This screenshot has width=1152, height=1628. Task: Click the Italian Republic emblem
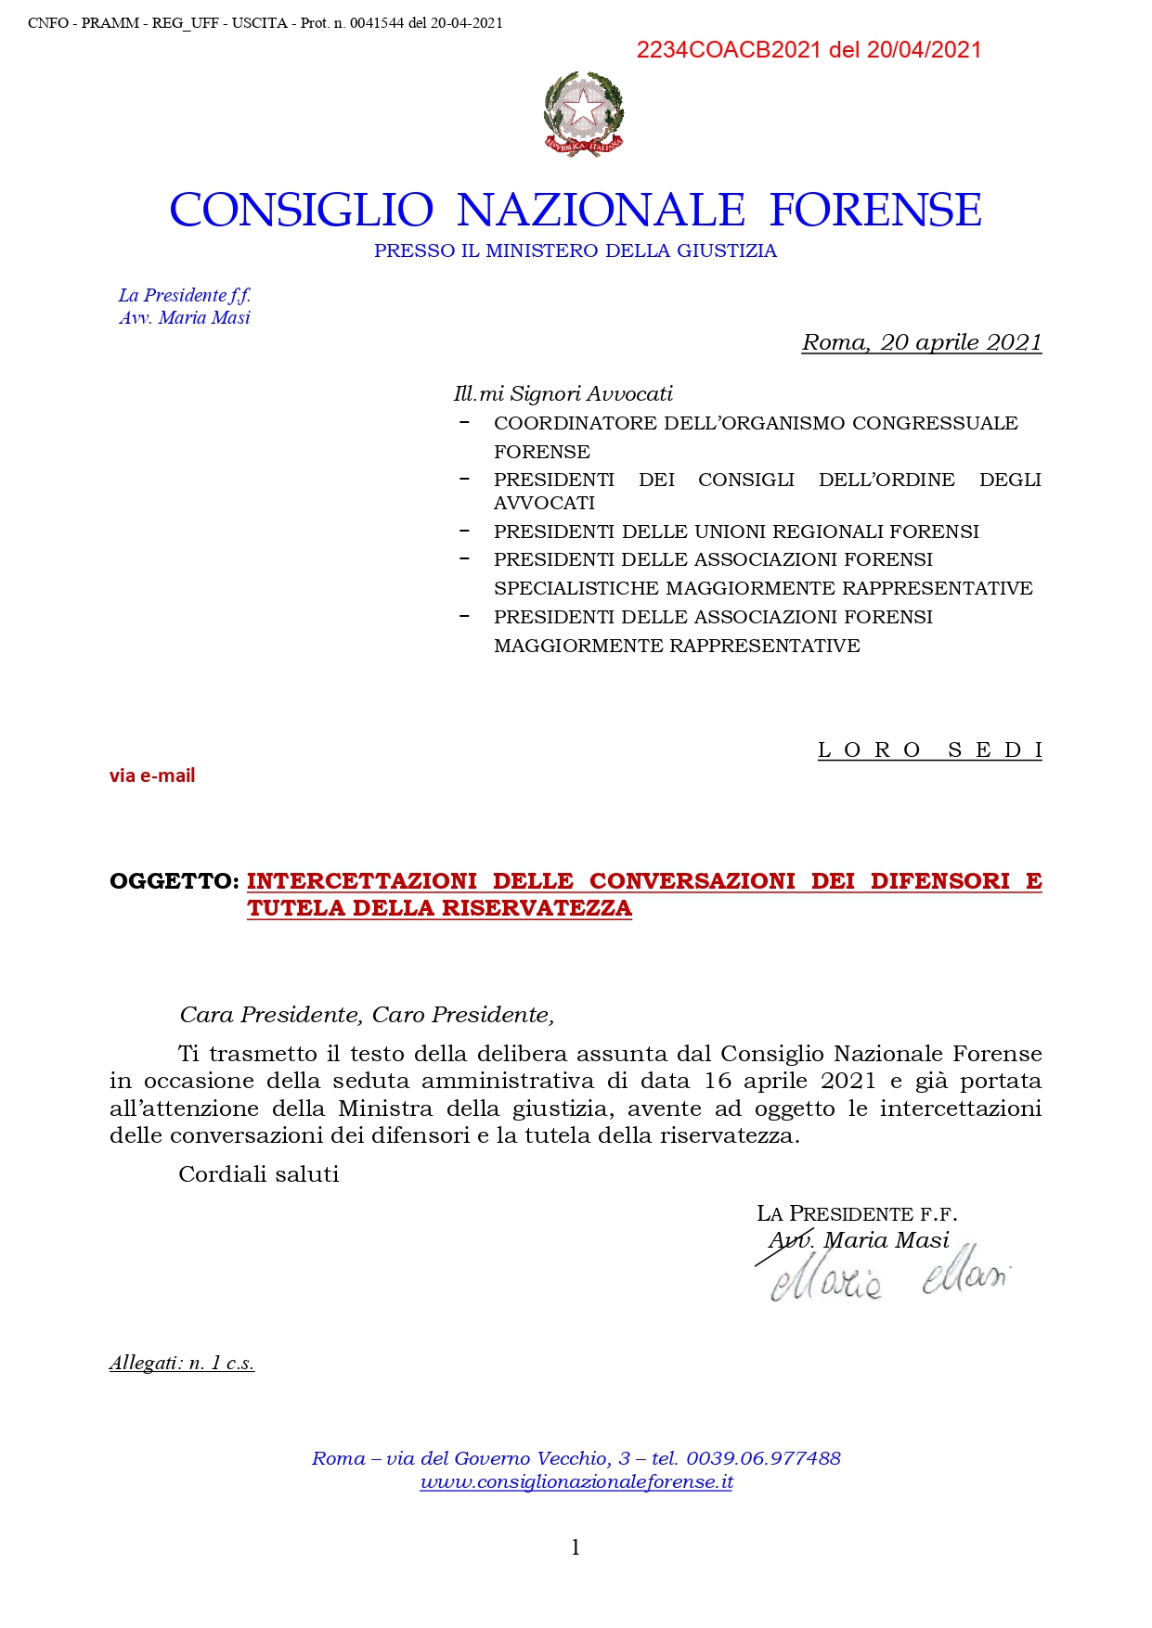(583, 113)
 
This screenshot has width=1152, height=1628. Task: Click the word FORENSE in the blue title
(875, 210)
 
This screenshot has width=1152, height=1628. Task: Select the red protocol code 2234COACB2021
(729, 50)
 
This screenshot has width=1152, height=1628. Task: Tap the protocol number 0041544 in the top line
(377, 23)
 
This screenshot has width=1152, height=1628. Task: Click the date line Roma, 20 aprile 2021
(921, 342)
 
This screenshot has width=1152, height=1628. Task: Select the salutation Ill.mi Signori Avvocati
(563, 393)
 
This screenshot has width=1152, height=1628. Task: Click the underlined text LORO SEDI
(929, 750)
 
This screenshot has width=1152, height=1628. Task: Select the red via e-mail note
(152, 776)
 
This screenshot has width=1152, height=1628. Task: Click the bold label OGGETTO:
(175, 881)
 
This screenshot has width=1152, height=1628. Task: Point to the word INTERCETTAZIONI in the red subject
(362, 881)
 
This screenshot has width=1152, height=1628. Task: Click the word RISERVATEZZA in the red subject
(537, 908)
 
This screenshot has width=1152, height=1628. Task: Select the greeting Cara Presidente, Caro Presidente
(367, 1015)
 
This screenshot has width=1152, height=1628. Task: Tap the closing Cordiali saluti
(259, 1174)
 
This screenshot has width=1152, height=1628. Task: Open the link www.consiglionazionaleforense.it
(576, 1482)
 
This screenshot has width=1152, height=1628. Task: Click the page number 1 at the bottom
(576, 1546)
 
